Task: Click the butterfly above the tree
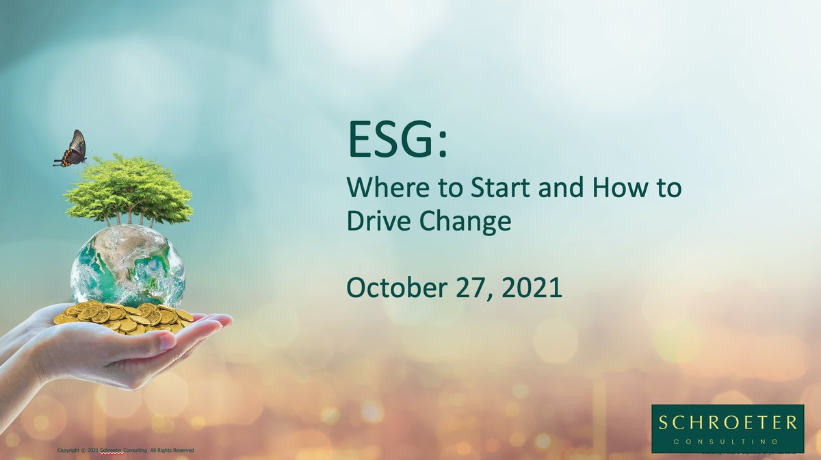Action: [71, 149]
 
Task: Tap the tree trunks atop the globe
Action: [130, 218]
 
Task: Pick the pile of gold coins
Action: [123, 316]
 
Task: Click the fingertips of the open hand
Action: [222, 320]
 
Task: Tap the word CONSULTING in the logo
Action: [727, 441]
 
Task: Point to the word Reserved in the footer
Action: [183, 450]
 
